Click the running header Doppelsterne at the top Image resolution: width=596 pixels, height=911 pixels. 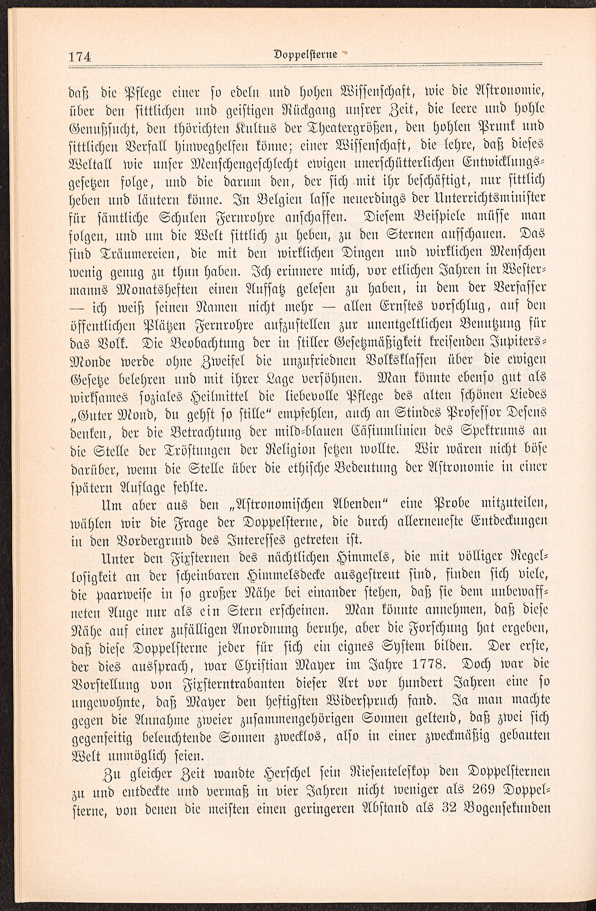click(x=311, y=55)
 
